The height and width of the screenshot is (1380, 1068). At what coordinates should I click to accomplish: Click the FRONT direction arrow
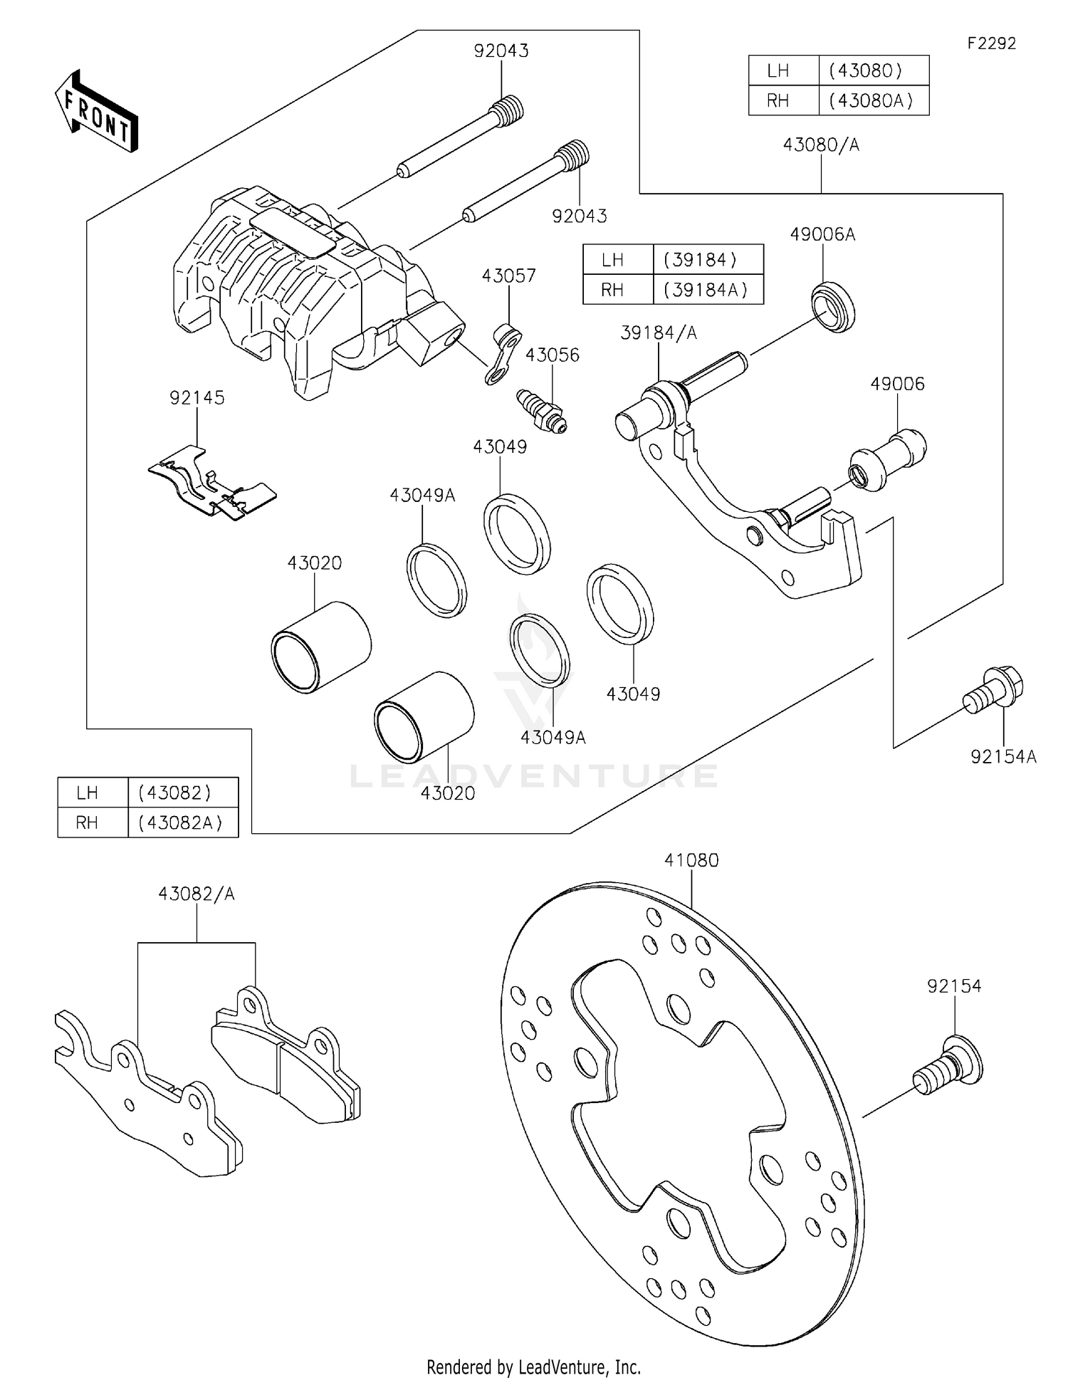point(96,113)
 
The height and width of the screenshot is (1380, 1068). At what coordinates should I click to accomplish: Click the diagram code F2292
point(991,43)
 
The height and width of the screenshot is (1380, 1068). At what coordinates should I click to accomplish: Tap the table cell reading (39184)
point(700,260)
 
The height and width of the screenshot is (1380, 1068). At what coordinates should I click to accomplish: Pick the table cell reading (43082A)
point(181,822)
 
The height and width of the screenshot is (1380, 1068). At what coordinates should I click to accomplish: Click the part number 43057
point(508,276)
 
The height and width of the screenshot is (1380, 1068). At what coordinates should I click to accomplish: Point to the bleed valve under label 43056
point(541,411)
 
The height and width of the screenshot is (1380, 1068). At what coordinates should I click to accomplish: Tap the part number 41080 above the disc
point(691,859)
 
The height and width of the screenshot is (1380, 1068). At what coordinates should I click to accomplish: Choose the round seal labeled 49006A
point(834,306)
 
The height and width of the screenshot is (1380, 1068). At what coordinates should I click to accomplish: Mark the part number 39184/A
point(658,333)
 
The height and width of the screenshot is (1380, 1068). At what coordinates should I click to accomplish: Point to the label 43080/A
point(821,145)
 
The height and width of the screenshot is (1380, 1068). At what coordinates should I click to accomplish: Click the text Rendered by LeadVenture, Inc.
point(533,1366)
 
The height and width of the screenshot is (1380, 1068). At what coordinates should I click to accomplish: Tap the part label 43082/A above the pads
point(197,894)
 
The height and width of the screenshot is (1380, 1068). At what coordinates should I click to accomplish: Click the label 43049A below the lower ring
point(553,737)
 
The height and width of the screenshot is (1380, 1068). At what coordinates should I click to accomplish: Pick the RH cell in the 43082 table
point(87,822)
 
